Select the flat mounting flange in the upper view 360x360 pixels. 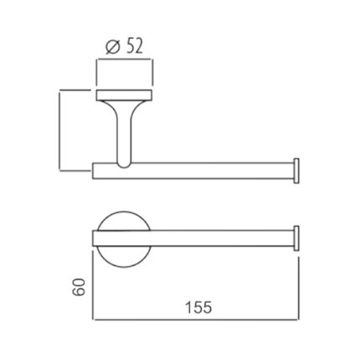tap(124, 94)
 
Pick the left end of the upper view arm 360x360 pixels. tap(95, 169)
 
